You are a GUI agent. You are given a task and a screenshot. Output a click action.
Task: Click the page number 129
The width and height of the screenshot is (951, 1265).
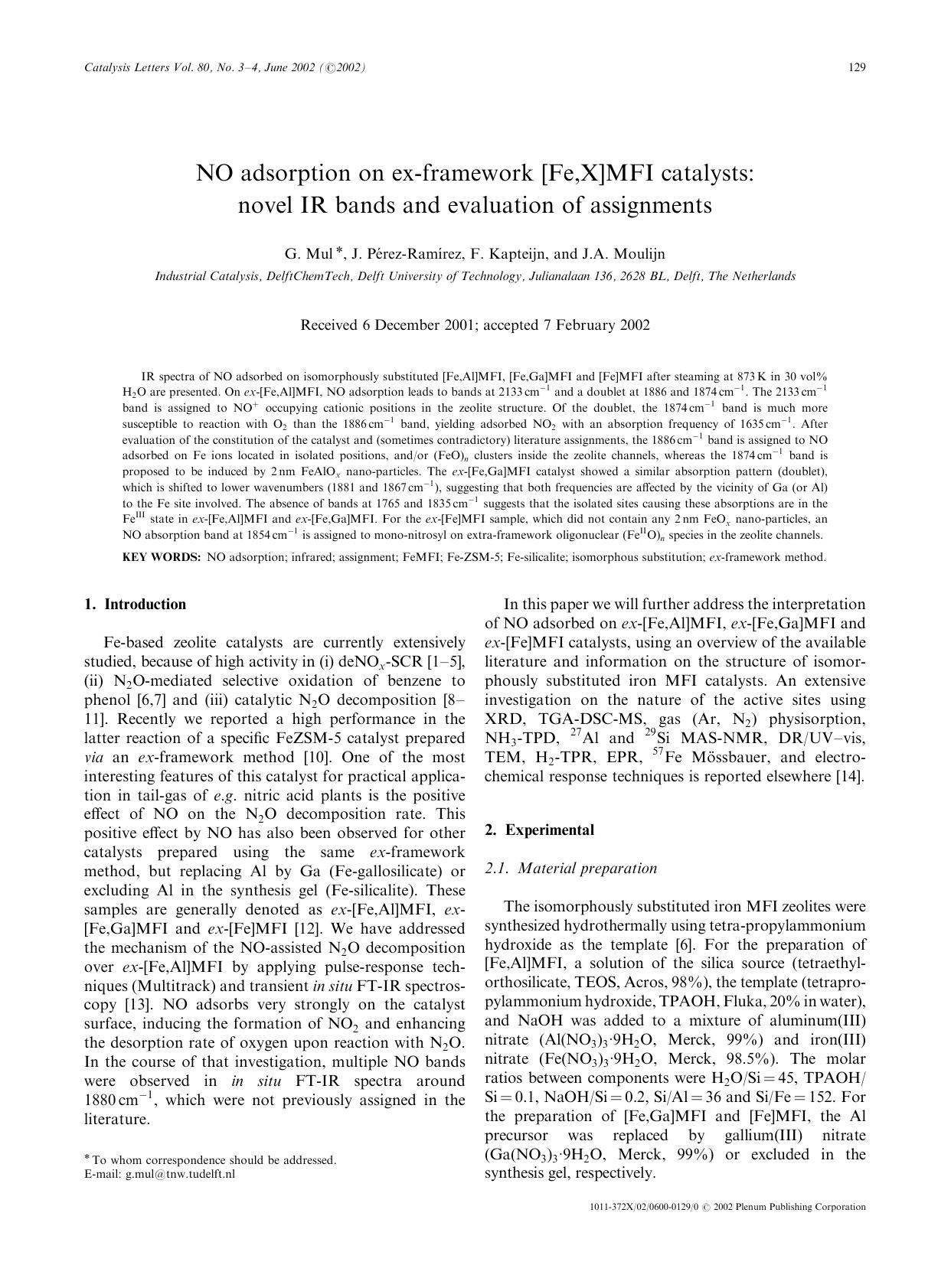857,67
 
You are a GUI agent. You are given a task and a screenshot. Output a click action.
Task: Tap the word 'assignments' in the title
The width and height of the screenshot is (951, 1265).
645,205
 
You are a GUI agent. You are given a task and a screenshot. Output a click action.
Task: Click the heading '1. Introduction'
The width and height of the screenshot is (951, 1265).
135,605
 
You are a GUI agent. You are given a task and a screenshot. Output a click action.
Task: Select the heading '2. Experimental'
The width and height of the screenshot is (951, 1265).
539,830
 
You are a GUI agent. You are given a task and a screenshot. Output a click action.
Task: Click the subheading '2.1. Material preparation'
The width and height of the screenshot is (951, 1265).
571,869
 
